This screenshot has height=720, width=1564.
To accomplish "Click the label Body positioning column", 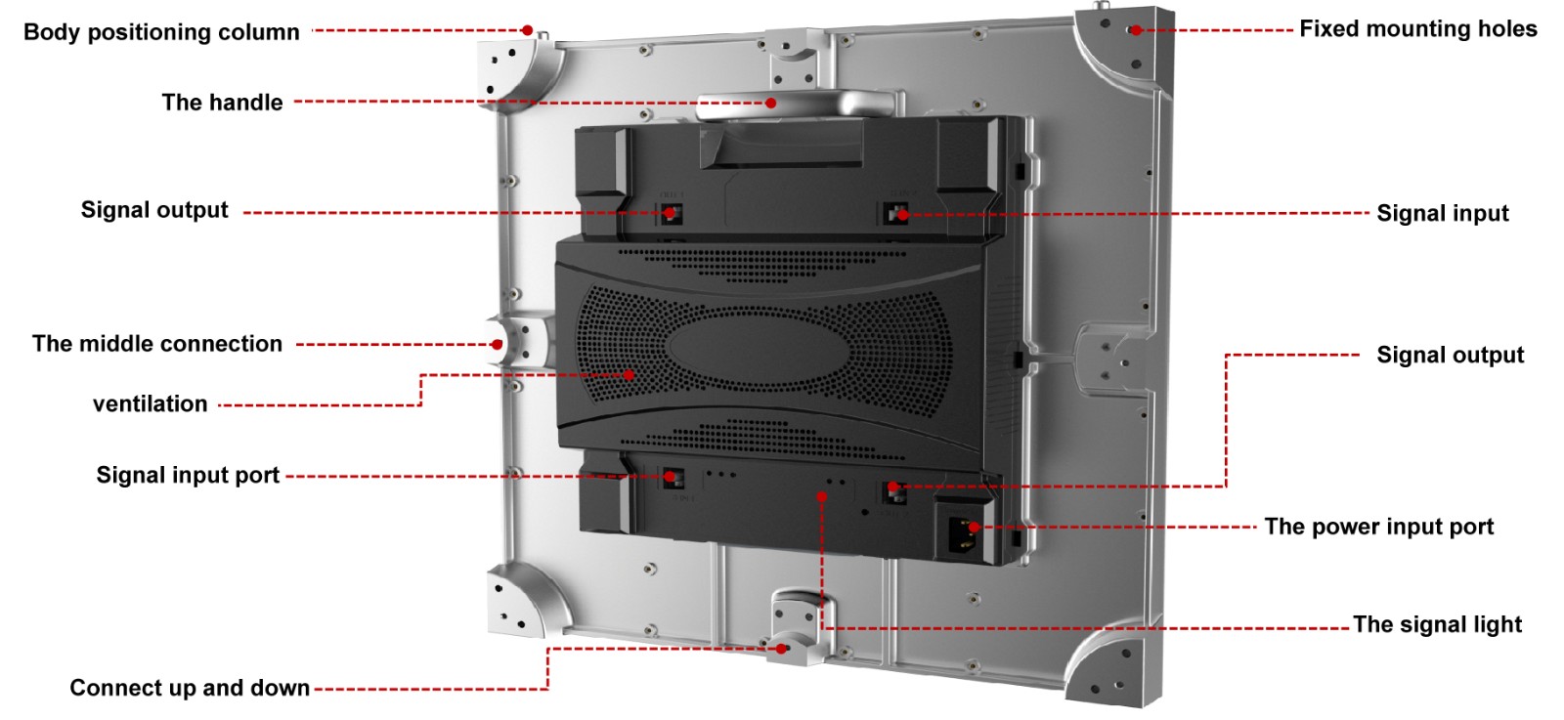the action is [x=161, y=32].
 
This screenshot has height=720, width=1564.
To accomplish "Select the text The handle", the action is [x=222, y=103].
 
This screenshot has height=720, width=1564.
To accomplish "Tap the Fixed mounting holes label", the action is [x=1418, y=29].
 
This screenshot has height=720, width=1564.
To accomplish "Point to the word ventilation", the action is [x=151, y=403].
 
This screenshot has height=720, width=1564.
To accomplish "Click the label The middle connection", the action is [x=157, y=344].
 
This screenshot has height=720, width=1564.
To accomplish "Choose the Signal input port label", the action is [x=188, y=475].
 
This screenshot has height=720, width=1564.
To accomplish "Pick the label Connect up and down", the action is [x=190, y=688].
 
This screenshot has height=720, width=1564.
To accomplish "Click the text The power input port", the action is [x=1379, y=527].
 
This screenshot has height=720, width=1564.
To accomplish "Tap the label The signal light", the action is [x=1438, y=624].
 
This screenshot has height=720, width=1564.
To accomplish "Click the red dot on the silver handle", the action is [x=771, y=104].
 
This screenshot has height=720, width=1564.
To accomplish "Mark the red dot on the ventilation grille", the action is [x=629, y=375].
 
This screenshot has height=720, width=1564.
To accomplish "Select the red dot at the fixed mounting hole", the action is [x=1137, y=30].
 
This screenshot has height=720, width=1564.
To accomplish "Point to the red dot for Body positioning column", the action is [x=528, y=30].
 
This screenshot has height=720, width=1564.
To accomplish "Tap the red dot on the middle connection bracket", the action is [x=497, y=344].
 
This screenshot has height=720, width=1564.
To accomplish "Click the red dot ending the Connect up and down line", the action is [x=782, y=648].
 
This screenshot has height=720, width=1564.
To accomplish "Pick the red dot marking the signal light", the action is [x=822, y=496].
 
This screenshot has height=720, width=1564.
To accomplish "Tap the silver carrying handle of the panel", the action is [x=796, y=104].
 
